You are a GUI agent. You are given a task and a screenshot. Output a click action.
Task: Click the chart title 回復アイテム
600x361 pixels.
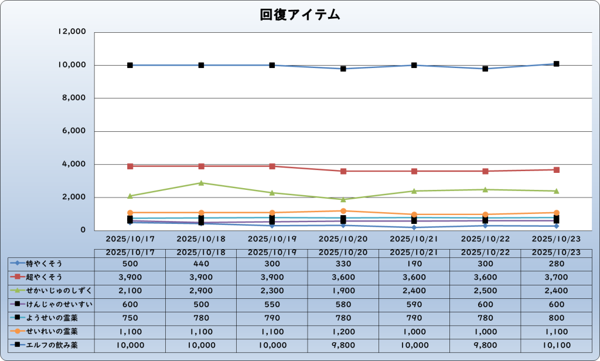click(300, 15)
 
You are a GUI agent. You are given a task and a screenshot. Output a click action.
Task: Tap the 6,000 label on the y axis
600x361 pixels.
click(74, 131)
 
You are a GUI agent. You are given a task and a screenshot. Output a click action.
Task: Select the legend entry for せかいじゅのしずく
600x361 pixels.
click(49, 290)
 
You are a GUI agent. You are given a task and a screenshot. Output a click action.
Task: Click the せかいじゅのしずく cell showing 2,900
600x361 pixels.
click(201, 290)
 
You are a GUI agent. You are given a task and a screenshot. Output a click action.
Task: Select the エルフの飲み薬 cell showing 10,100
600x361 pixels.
click(556, 345)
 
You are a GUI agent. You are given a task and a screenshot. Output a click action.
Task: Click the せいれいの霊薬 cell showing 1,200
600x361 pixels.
click(343, 332)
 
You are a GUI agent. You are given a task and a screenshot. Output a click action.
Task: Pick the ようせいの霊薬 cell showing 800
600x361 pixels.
click(556, 318)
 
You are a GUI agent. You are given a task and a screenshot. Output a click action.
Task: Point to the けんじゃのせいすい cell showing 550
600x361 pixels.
click(272, 304)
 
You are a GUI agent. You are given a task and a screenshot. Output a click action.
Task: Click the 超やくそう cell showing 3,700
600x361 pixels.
click(556, 277)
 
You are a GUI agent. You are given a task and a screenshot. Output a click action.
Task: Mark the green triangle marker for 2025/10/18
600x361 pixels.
click(201, 183)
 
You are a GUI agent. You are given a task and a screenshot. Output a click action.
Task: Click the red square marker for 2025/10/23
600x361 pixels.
click(556, 170)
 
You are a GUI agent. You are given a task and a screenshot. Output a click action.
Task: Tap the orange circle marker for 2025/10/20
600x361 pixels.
click(343, 211)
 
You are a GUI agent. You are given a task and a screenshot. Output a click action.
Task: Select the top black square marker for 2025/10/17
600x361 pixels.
click(130, 65)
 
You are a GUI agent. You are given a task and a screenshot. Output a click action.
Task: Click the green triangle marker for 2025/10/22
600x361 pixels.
click(485, 189)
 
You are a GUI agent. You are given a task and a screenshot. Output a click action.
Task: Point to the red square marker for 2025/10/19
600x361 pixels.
click(272, 166)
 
